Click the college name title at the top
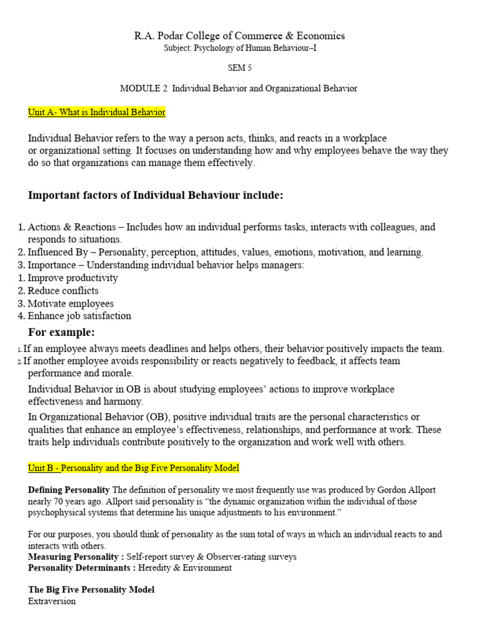(x=240, y=36)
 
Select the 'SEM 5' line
(x=240, y=68)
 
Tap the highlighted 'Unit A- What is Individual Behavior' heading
(x=96, y=112)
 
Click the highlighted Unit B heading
(x=133, y=467)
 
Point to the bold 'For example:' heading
(x=62, y=332)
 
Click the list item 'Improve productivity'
(x=73, y=278)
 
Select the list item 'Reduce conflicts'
(x=63, y=291)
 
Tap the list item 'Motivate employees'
(x=70, y=303)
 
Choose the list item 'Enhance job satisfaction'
(x=80, y=315)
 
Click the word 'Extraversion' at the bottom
(x=52, y=602)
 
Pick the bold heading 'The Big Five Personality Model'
(x=91, y=589)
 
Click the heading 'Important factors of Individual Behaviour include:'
(x=156, y=196)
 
